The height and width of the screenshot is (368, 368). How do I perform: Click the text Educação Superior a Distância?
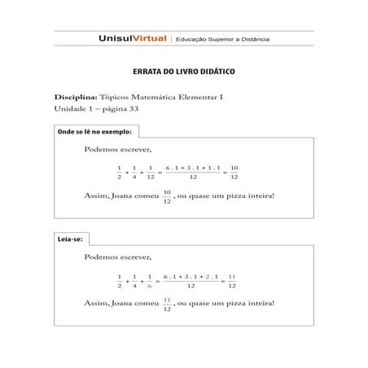coord(222,39)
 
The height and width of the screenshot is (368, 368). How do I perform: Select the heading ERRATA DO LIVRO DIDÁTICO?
coord(183,72)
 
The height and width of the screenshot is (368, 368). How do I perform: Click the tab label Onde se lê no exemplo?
coord(94,131)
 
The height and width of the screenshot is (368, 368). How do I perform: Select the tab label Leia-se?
coord(70,239)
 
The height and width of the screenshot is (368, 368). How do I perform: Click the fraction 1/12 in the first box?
coord(151,172)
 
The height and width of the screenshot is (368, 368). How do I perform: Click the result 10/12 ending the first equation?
coord(234,172)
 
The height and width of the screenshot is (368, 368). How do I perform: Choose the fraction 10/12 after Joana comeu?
coord(167,196)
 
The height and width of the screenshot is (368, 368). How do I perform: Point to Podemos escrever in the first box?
coord(118,150)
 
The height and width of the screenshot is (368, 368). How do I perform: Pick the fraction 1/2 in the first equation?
coord(119,172)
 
